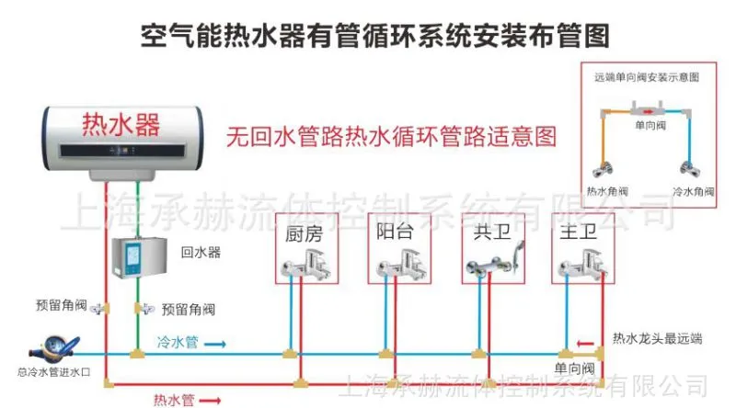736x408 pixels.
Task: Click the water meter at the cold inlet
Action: (54, 348)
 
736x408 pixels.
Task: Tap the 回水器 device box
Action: (140, 257)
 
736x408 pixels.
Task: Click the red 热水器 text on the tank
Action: (121, 124)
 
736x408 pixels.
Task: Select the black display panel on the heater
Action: (122, 151)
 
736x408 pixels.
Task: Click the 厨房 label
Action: (305, 233)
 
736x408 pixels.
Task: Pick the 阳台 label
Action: (395, 232)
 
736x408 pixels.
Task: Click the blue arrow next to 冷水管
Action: (215, 345)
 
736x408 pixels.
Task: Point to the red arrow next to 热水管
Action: (210, 401)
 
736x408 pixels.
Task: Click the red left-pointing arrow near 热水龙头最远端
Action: (585, 344)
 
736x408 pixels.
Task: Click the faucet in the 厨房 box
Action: (306, 266)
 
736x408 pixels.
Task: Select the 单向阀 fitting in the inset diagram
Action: (647, 110)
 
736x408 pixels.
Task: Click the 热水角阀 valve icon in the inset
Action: (603, 169)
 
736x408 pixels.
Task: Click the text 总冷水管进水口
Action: (53, 372)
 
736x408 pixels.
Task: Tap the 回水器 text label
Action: (201, 253)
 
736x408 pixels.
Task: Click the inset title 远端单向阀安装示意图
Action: (647, 77)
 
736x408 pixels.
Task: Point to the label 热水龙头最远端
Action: (657, 338)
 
